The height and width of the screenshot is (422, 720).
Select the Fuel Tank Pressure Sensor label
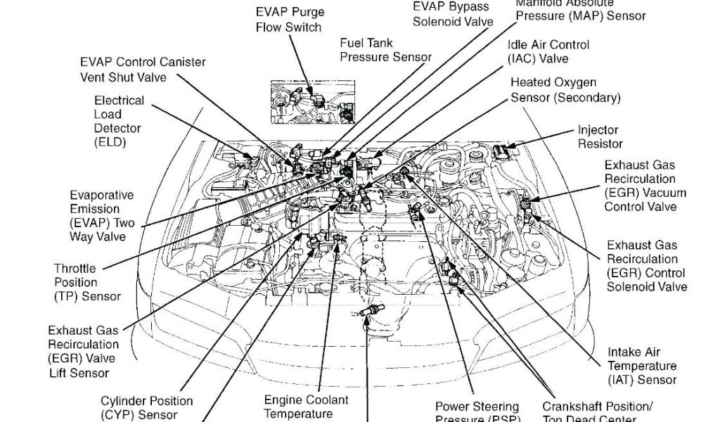(385, 49)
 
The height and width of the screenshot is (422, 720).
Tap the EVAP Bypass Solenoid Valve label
(452, 14)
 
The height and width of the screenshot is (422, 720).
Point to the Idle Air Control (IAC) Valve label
(548, 51)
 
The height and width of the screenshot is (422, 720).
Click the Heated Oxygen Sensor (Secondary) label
(565, 90)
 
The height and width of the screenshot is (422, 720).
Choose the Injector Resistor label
(600, 137)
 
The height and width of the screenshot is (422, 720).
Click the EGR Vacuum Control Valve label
(645, 186)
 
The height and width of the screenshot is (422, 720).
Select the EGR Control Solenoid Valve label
(646, 266)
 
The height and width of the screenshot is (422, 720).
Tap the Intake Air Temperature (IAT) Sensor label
(642, 366)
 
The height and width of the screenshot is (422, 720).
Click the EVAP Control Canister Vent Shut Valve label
(142, 70)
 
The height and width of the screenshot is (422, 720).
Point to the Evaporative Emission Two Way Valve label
(102, 216)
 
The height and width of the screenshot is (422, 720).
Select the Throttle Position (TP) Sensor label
(86, 282)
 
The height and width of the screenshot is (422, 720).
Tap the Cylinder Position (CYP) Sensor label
(146, 408)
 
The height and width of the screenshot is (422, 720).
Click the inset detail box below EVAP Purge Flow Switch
(314, 104)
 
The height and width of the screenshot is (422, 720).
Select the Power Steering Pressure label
(477, 411)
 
